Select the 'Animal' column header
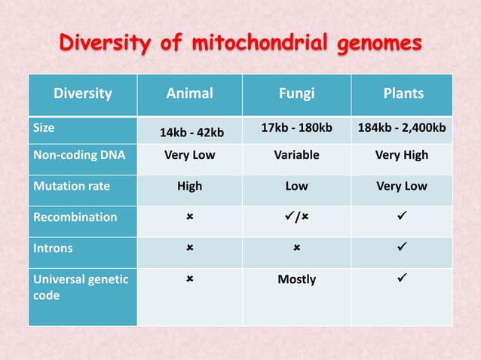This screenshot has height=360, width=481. click(189, 94)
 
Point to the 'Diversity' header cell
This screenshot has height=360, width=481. click(82, 94)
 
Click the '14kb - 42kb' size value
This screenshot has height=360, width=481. click(189, 133)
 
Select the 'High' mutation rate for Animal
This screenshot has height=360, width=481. click(189, 186)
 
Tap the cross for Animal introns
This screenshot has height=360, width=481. click(189, 248)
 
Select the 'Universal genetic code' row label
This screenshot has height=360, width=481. click(80, 287)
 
